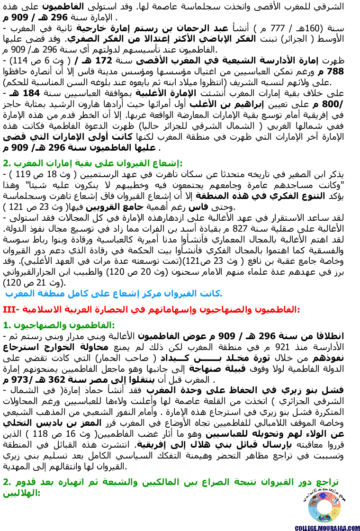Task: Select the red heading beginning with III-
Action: pos(152,309)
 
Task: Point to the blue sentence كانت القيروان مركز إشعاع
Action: pos(114,293)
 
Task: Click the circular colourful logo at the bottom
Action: pos(324,506)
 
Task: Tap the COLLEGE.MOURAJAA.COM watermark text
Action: pos(327,528)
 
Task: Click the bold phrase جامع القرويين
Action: pos(119,207)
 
